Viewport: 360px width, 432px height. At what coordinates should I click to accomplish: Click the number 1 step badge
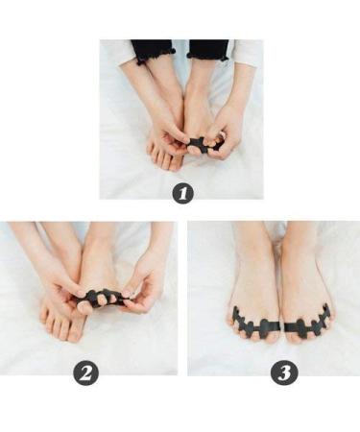[x=182, y=193]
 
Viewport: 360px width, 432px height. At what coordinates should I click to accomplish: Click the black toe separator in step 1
[x=201, y=147]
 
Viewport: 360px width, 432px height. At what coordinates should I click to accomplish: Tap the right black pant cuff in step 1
[x=208, y=49]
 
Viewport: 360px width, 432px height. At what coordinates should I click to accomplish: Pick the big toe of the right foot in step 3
[x=292, y=330]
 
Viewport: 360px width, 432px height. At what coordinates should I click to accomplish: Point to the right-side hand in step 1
[x=228, y=130]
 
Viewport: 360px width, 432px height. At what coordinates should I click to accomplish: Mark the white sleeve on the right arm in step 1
[x=246, y=52]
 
